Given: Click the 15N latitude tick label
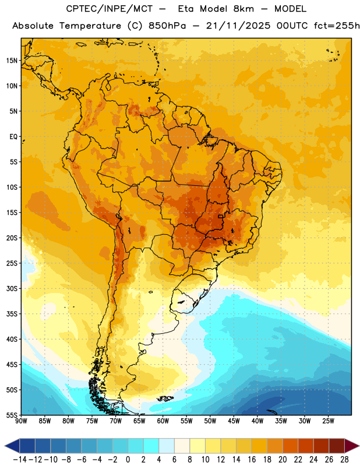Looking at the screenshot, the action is coord(12,61).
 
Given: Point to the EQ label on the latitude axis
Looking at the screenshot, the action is coord(13,137).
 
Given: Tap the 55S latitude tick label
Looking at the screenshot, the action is coord(12,415).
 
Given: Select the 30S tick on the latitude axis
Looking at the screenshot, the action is coord(12,288).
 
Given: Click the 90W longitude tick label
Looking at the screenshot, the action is coord(21,421).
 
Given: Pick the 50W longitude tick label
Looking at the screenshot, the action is coord(210,421).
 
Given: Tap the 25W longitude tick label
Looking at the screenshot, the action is coord(328,421).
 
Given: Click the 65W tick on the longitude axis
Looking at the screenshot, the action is coord(139,421).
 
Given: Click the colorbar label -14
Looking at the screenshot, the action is coord(20,460).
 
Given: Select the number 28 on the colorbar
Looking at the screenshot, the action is coord(344,460).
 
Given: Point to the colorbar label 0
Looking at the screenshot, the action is coord(128,460).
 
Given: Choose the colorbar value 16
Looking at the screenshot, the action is coord(252,460).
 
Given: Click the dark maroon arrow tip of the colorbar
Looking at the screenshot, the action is coord(352,446).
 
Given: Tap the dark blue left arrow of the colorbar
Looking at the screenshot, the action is coord(12,446).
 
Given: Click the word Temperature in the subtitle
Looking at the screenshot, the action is coord(90,26).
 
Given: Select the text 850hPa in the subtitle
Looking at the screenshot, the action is coord(167,26).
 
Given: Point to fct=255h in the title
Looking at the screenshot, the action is coord(337,26).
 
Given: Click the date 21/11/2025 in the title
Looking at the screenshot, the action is coord(238,26).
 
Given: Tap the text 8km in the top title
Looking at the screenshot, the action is coord(243,9).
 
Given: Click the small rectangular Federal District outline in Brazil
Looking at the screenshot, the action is coord(221,216).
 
